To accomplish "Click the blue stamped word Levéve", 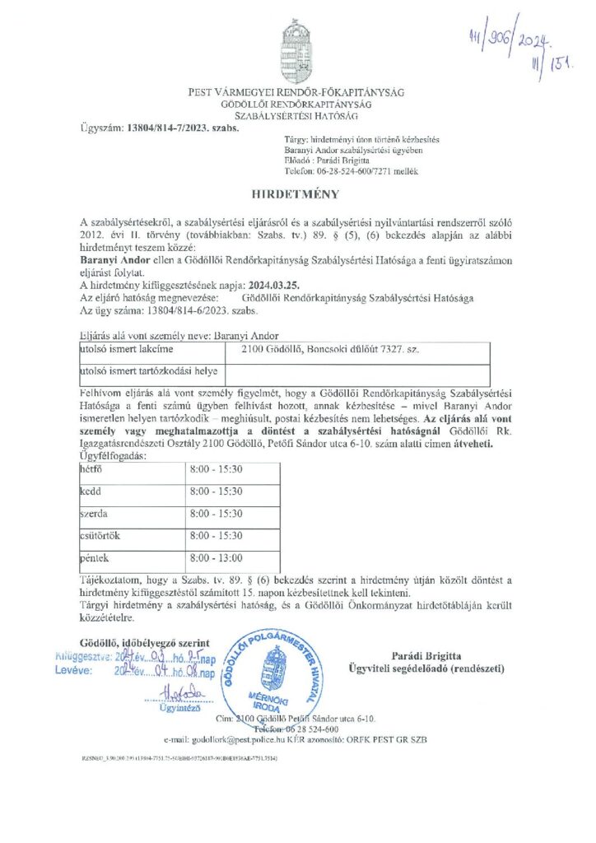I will pos(75,672).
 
